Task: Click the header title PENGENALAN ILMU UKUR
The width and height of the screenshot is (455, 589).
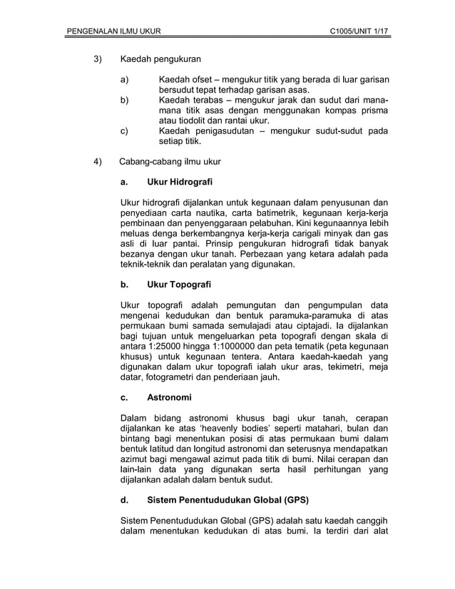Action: click(113, 31)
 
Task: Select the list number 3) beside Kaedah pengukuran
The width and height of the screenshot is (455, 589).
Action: click(100, 58)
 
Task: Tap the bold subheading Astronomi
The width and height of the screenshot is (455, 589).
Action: click(169, 396)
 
